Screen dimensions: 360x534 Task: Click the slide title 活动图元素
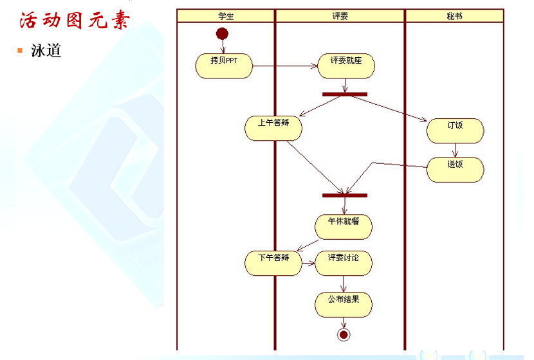pyautogui.click(x=75, y=21)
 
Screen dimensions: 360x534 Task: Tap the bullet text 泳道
pyautogui.click(x=46, y=50)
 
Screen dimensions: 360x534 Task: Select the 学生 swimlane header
pyautogui.click(x=226, y=15)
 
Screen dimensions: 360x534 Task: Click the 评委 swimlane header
pyautogui.click(x=340, y=15)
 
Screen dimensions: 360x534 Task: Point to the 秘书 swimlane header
pyautogui.click(x=454, y=15)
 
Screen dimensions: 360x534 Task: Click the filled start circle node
pyautogui.click(x=223, y=33)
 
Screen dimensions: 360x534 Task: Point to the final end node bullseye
pyautogui.click(x=344, y=334)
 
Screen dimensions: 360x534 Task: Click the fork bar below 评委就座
pyautogui.click(x=345, y=94)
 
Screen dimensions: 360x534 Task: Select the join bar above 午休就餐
pyautogui.click(x=345, y=195)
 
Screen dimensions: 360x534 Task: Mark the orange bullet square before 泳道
pyautogui.click(x=20, y=50)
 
